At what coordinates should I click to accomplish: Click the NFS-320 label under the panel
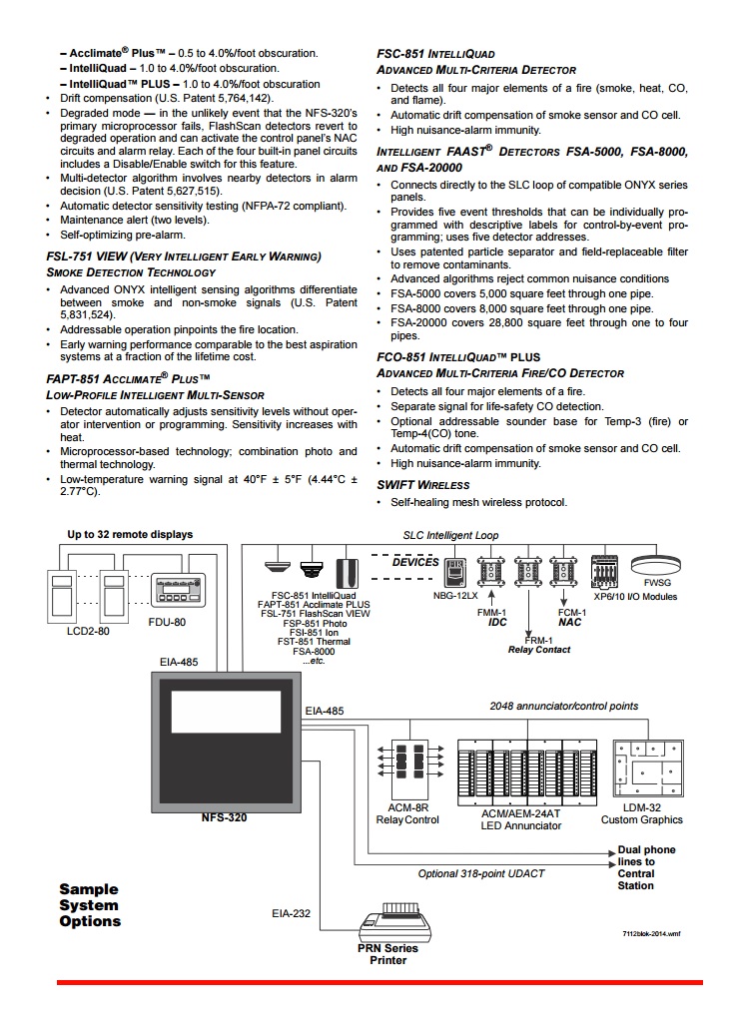pos(224,817)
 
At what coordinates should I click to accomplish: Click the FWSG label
pos(657,584)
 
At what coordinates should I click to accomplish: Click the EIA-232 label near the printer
pos(291,912)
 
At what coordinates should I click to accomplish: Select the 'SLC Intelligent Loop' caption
pos(450,536)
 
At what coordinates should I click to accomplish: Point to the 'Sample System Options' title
pos(89,905)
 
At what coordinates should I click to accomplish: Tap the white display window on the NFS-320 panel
pos(226,712)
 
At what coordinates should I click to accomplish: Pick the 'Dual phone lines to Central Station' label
pos(645,867)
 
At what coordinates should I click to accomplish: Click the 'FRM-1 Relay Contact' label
pos(538,644)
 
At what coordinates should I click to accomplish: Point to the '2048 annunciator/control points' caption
pos(563,706)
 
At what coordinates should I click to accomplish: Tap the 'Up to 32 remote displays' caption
pos(130,534)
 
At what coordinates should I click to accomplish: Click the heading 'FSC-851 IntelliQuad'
pos(434,54)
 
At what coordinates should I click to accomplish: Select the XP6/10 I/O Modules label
pos(635,597)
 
